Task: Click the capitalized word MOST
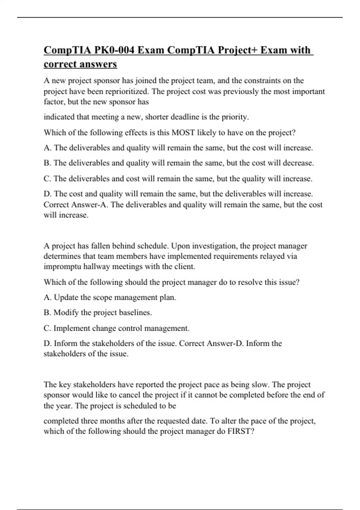[183, 133]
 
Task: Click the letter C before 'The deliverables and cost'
[47, 179]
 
